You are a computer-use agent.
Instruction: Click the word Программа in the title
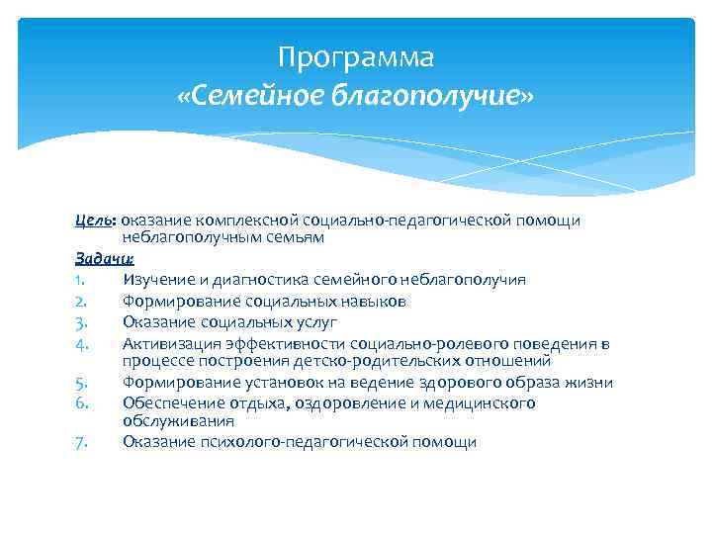pyautogui.click(x=355, y=58)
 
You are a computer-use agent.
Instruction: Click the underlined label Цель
pyautogui.click(x=92, y=220)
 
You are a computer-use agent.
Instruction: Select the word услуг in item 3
pyautogui.click(x=316, y=321)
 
